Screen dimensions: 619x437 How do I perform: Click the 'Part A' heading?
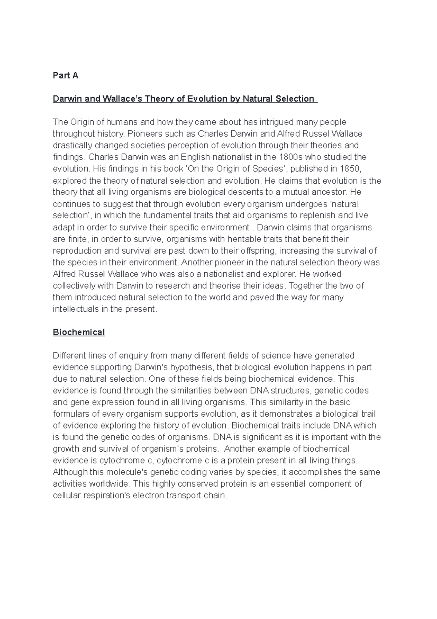tap(66, 75)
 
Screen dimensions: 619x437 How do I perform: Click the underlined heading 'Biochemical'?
tap(79, 332)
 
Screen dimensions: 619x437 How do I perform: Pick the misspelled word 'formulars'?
tap(70, 414)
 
